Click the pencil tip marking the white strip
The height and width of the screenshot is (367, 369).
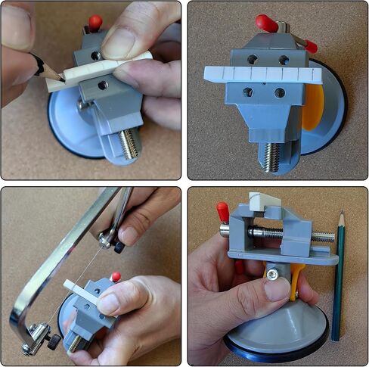point(60,78)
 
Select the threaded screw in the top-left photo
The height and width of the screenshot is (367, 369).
point(129,144)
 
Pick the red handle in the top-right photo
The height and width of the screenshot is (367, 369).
point(267,23)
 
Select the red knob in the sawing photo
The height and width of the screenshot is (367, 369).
point(116,277)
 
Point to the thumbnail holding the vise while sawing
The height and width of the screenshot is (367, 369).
point(108,303)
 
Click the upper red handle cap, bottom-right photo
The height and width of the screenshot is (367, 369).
point(222,211)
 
